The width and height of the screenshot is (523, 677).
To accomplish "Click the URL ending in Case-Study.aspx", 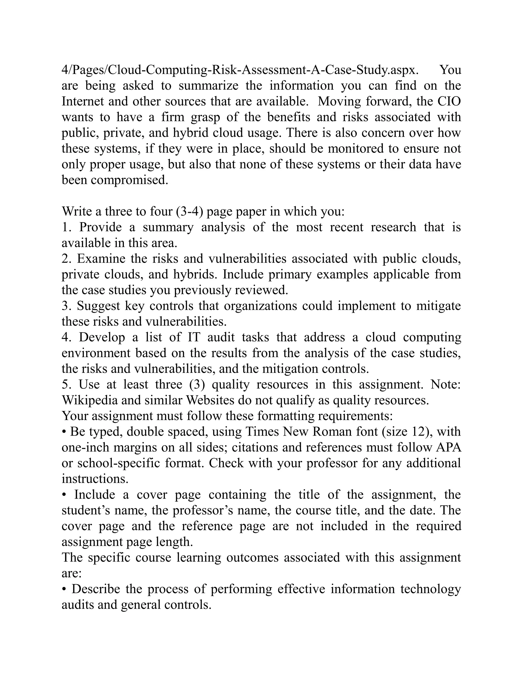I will (240, 70).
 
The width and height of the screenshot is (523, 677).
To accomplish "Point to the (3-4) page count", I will (189, 212).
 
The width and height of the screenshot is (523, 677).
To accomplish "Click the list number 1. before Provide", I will (67, 227).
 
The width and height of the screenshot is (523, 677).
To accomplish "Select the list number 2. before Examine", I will (67, 259).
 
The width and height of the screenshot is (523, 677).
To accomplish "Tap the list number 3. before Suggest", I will (67, 306).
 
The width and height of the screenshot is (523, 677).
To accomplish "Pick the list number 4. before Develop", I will (67, 337).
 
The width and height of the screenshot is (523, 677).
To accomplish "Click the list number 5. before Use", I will (67, 385).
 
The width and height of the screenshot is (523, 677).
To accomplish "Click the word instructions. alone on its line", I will (95, 479).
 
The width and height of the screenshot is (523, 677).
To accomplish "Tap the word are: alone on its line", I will (71, 574).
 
